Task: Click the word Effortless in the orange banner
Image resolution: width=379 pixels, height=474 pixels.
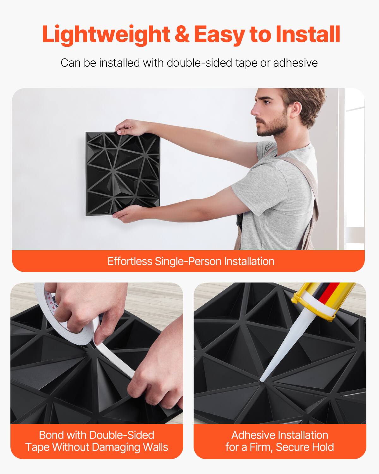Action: [129, 261]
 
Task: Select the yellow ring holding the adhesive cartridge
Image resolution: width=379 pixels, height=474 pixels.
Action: [313, 308]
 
